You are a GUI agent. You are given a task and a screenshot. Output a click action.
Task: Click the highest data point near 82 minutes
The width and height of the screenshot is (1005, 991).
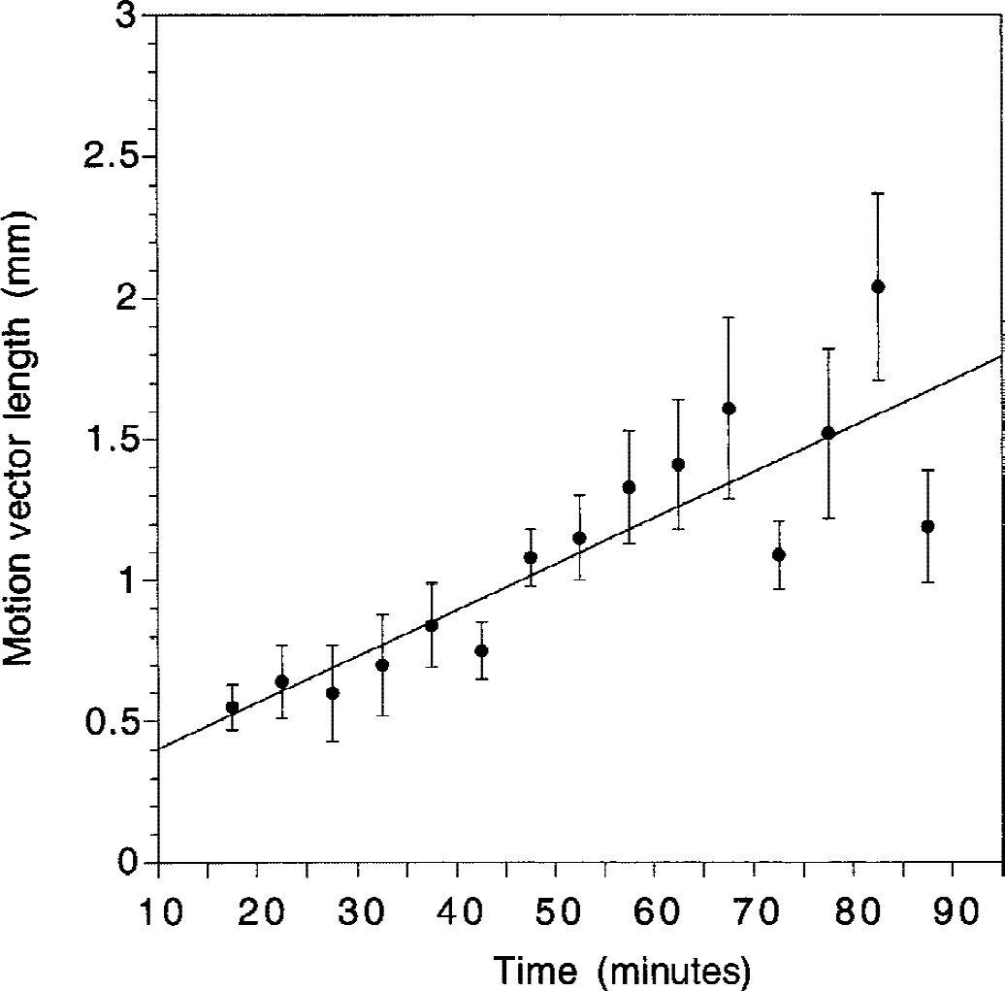(x=878, y=286)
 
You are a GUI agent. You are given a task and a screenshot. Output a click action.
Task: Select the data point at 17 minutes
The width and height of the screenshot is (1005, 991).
(x=232, y=707)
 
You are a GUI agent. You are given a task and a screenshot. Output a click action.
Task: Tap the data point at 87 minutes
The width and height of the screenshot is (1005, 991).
(x=927, y=526)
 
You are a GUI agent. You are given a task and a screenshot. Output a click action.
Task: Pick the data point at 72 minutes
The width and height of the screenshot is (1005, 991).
(x=778, y=554)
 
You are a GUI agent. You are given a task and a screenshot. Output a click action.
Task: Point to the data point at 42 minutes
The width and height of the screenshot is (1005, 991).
(x=481, y=650)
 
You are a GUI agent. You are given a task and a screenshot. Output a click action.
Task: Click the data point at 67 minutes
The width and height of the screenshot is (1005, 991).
(x=729, y=409)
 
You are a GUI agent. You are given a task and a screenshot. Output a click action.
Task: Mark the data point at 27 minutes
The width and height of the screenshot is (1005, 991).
(x=332, y=693)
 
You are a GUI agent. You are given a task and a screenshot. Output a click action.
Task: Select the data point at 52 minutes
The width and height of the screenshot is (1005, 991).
(x=579, y=538)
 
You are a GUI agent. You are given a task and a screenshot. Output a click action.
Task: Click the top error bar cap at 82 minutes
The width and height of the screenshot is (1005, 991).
(x=878, y=193)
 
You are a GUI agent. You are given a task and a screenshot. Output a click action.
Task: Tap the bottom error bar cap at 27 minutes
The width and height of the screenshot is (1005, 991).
(x=332, y=742)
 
